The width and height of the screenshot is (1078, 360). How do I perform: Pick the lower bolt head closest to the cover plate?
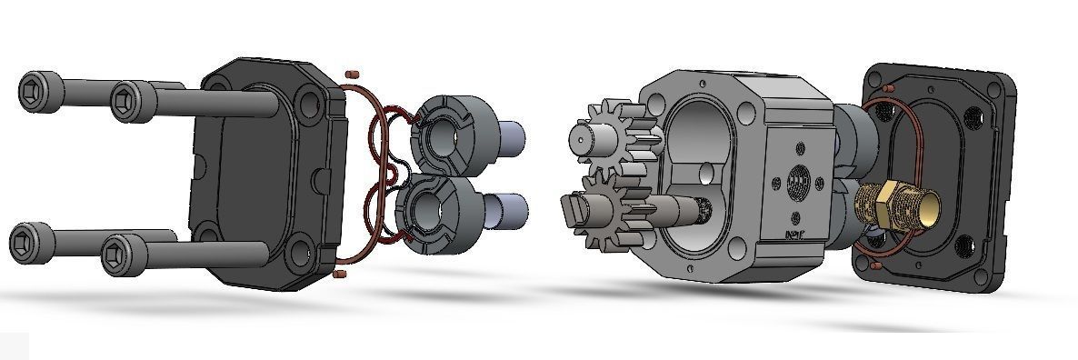(120, 254)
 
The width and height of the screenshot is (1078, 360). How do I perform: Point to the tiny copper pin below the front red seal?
(342, 273)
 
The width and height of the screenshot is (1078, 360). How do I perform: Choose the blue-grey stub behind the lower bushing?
(514, 210)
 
